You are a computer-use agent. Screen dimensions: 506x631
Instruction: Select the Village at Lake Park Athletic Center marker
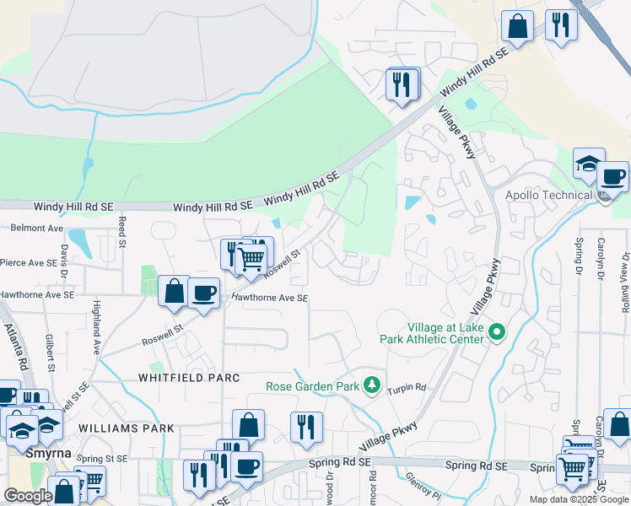tap(497, 333)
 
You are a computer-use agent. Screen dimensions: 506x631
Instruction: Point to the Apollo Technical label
tap(547, 196)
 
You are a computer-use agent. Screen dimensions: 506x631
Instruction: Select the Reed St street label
tap(122, 226)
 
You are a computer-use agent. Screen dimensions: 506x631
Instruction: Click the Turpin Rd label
tap(407, 390)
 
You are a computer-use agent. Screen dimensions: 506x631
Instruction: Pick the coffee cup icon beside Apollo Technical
tap(613, 177)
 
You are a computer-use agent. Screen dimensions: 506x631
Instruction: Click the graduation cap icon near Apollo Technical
tap(588, 164)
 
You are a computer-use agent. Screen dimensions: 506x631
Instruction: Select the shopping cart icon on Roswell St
tap(251, 261)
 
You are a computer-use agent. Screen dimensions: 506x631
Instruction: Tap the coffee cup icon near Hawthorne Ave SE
tap(203, 293)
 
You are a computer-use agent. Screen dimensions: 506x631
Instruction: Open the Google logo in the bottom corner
tap(28, 496)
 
